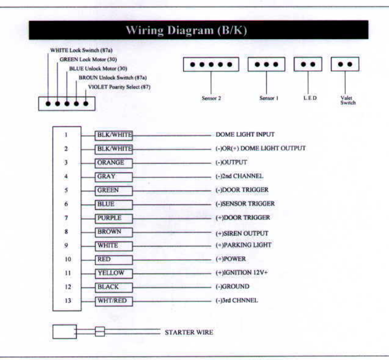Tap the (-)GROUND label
(232, 287)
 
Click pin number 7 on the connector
(66, 218)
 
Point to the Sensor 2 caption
(211, 98)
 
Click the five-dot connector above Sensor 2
(211, 65)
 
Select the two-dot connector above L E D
(308, 65)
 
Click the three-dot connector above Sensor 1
(266, 65)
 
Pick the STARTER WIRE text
(189, 332)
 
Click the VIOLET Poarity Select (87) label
(119, 87)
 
